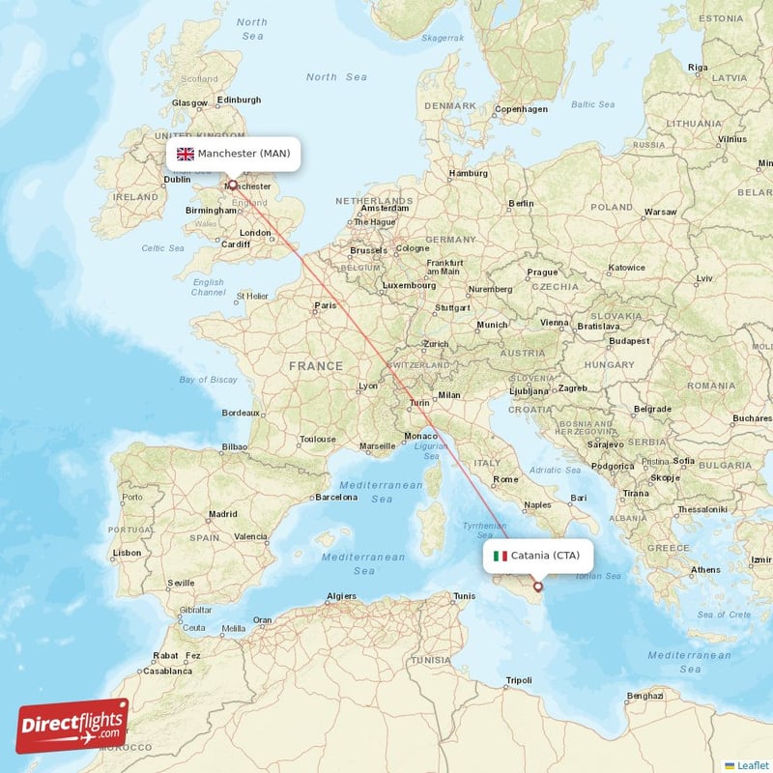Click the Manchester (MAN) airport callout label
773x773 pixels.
coord(233,154)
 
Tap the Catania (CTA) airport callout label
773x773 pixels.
coord(537,556)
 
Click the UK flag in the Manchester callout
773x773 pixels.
coord(186,154)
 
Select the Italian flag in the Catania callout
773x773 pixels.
coord(501,556)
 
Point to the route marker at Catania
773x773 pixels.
coord(538,586)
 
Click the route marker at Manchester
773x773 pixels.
coord(232,184)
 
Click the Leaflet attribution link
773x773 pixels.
coord(752,764)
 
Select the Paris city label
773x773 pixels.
coord(325,306)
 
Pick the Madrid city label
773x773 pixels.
coord(222,514)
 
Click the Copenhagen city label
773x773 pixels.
coord(521,109)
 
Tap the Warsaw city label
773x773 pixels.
coord(660,211)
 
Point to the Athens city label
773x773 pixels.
coord(705,570)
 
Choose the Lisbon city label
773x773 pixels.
coord(127,553)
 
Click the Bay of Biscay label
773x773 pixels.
coord(208,380)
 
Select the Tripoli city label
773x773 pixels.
coord(518,680)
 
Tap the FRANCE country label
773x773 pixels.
coord(316,366)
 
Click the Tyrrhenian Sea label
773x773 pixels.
coord(484,530)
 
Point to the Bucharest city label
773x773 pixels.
coord(751,418)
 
